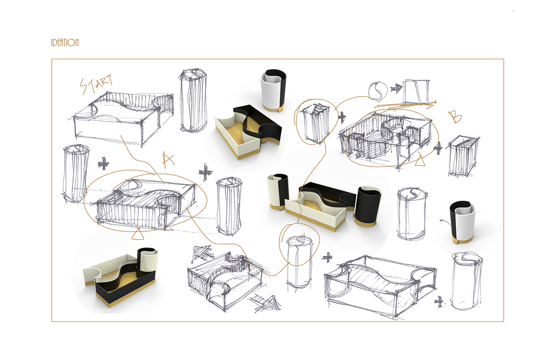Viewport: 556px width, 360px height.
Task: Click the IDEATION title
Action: tap(65, 43)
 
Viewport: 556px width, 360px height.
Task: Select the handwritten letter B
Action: tap(455, 117)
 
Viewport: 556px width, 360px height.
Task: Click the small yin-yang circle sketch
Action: tap(378, 91)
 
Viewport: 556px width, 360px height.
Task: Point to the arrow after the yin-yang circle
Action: tap(396, 88)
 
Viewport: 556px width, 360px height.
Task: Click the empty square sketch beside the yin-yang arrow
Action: tap(416, 92)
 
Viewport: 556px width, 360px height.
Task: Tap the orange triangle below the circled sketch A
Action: tap(137, 234)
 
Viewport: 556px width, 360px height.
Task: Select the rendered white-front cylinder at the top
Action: tap(273, 91)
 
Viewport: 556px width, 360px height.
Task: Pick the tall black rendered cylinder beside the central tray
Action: tap(368, 207)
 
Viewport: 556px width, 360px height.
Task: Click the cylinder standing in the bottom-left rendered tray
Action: tap(147, 263)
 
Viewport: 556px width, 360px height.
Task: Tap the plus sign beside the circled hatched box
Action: tap(342, 117)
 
